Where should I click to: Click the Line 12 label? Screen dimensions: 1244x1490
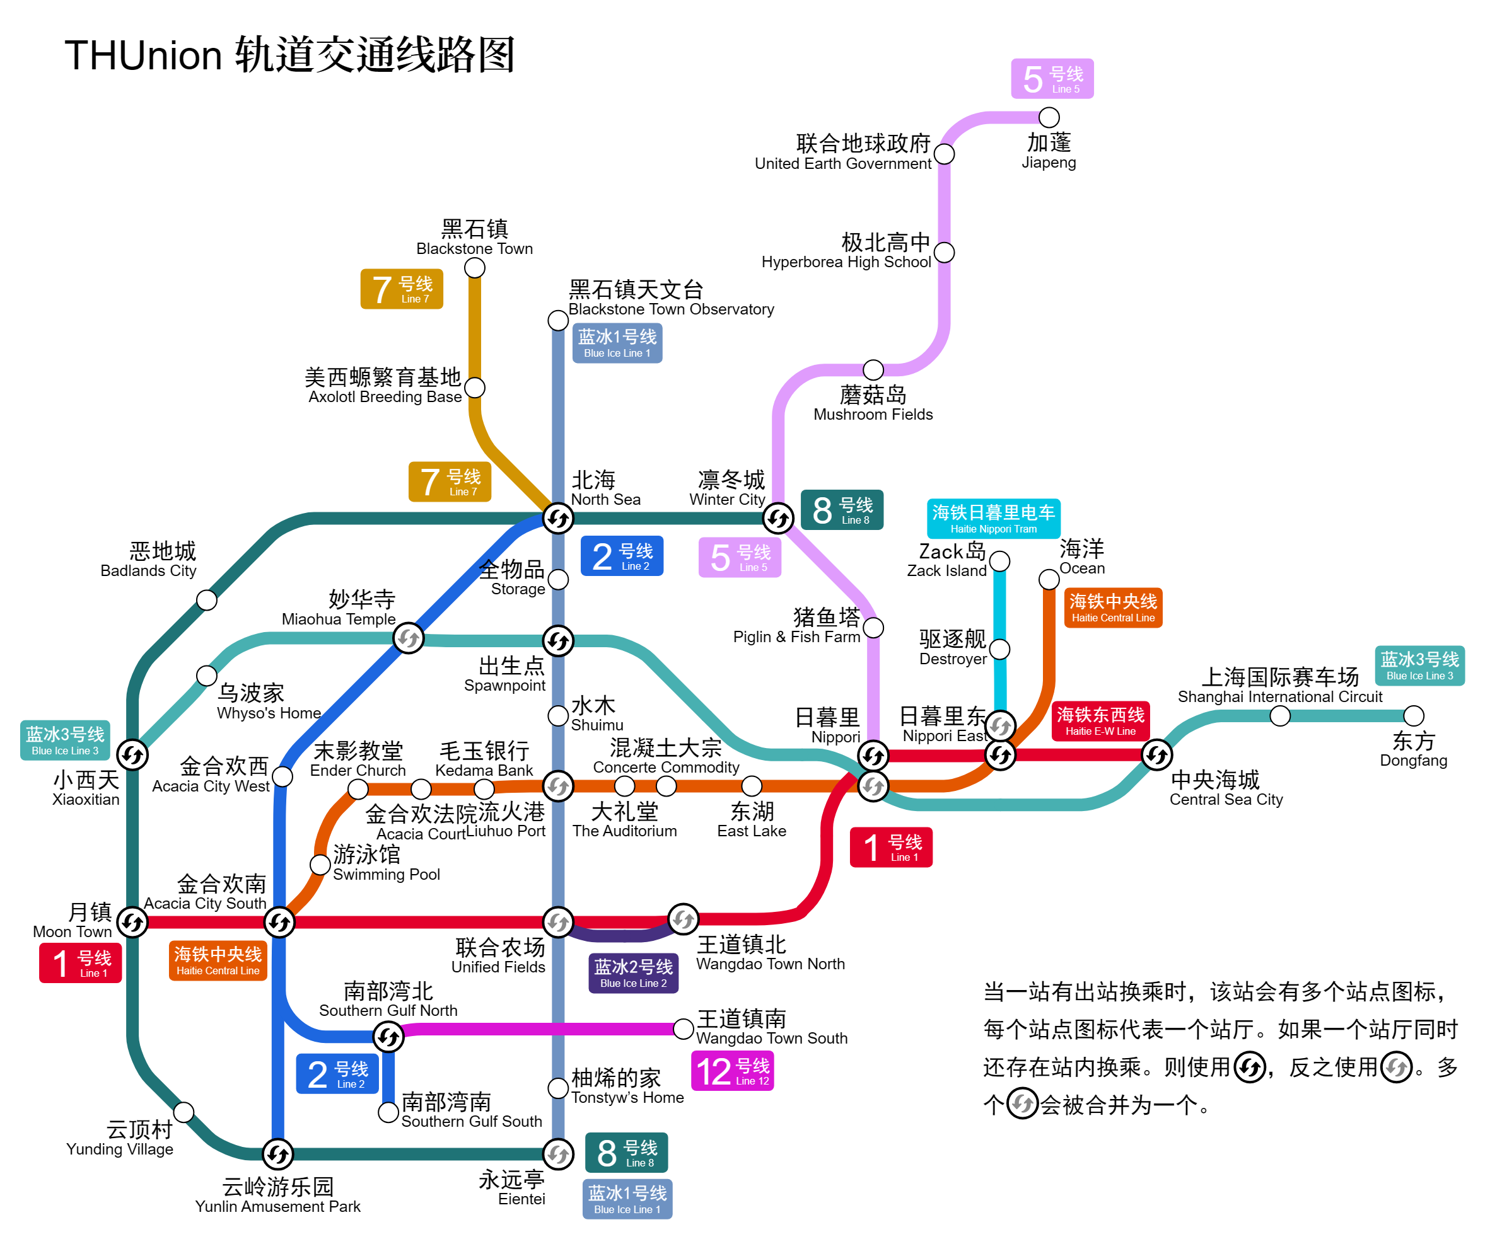(732, 1070)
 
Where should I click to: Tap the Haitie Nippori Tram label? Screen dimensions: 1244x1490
(993, 519)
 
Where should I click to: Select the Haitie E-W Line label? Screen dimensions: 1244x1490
(1100, 720)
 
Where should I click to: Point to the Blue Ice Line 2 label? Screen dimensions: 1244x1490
(633, 973)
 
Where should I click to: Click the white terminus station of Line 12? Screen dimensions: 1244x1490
(682, 1029)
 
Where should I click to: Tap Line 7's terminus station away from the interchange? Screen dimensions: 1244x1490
(475, 268)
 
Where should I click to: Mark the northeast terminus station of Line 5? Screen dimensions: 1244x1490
(1049, 118)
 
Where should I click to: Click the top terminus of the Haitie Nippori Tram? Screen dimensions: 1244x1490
(999, 562)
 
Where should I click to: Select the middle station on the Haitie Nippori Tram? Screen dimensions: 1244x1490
(999, 649)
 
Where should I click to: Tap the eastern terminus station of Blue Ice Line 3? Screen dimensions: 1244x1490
(1413, 716)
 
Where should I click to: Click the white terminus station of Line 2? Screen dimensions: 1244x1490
(388, 1112)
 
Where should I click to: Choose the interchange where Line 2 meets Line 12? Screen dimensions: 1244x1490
(388, 1037)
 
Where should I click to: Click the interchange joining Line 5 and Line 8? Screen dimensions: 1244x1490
(777, 519)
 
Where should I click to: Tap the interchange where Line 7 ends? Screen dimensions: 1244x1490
(557, 519)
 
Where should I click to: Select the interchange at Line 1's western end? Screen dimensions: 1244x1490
(132, 922)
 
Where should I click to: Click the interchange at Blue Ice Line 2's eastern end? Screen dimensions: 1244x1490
(682, 919)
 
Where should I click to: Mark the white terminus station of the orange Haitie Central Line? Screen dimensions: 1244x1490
(1049, 579)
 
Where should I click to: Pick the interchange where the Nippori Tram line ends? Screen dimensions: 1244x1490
(999, 725)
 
